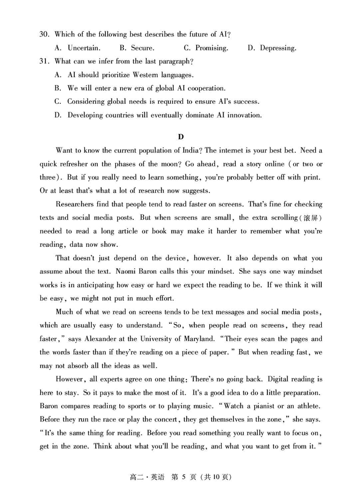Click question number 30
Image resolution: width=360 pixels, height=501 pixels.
[x=44, y=34]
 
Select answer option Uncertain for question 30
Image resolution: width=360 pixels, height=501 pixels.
[x=84, y=48]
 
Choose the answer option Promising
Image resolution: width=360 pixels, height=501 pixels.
[x=211, y=48]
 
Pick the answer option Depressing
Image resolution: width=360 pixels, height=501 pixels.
[x=278, y=48]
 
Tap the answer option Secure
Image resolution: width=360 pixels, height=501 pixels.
[x=143, y=48]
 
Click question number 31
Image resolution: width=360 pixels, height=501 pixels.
[x=44, y=61]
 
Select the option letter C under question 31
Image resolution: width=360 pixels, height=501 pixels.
[x=57, y=102]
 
